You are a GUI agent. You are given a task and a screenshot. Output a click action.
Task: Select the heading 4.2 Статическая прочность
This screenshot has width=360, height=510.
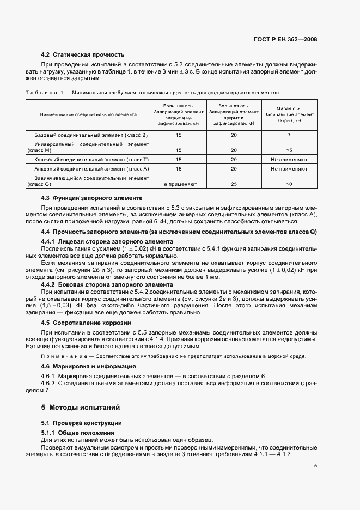click(x=83, y=54)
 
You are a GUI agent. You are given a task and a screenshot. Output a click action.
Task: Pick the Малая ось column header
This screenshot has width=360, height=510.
click(x=289, y=115)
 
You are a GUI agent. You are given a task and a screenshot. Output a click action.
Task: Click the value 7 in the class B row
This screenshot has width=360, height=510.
click(x=289, y=134)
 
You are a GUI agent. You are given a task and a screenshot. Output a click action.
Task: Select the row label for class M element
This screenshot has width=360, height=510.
click(x=88, y=147)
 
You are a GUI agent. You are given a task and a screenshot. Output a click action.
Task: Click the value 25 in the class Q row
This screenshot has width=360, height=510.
click(x=234, y=184)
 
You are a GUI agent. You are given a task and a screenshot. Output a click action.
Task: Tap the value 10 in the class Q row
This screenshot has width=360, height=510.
click(x=289, y=184)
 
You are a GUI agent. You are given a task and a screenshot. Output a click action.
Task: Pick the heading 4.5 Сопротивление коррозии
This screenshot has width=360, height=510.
click(x=86, y=323)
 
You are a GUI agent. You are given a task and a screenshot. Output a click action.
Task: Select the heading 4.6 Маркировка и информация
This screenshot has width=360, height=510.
click(x=89, y=366)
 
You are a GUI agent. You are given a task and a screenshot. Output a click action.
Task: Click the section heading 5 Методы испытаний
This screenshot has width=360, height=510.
click(x=80, y=407)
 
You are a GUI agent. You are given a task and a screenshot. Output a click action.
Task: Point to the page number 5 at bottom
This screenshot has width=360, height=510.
click(x=315, y=466)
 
